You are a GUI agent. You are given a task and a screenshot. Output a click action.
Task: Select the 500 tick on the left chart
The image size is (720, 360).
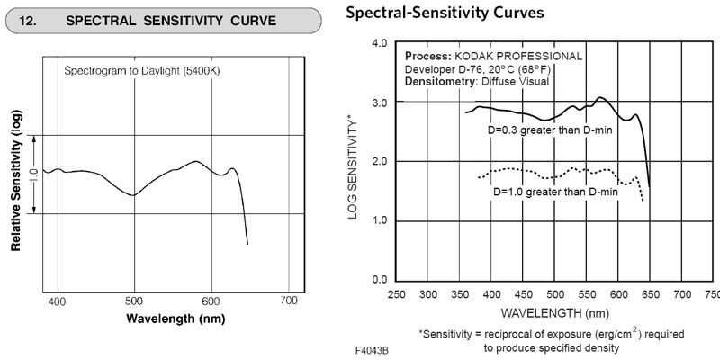[134, 301]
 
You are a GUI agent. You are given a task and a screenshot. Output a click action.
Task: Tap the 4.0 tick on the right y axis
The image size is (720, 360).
[379, 43]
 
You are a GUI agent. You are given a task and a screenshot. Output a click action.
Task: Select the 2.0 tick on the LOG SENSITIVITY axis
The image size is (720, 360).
[379, 161]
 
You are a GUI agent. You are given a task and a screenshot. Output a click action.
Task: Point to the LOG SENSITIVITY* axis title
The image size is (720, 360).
[354, 162]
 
